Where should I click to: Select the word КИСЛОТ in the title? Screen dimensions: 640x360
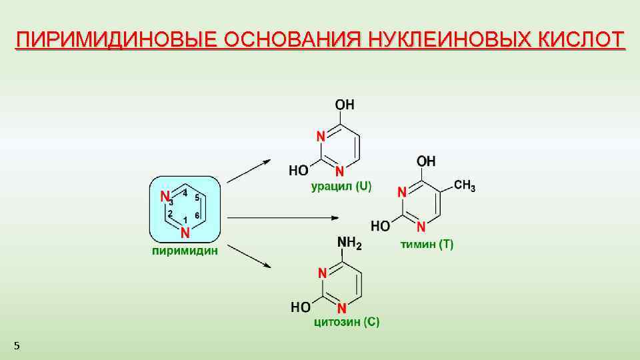coord(581,39)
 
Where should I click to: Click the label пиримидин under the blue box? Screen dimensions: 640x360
coord(185,251)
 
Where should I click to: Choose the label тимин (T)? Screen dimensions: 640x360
coord(427,244)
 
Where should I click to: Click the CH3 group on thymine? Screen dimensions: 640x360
coord(465,185)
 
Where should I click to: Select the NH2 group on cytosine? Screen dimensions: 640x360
coord(350,245)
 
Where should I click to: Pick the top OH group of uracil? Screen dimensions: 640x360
coord(345,105)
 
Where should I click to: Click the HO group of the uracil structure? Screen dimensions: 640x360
coord(299,171)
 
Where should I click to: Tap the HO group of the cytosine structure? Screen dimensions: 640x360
coord(301,307)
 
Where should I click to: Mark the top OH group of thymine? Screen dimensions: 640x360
coord(427,161)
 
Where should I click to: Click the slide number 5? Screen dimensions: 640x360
coord(17,345)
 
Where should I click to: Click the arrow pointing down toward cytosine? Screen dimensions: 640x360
coord(248,256)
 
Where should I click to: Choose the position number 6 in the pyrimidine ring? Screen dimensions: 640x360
coord(197,215)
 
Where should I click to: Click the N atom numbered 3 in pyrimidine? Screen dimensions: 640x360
coord(165,197)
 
